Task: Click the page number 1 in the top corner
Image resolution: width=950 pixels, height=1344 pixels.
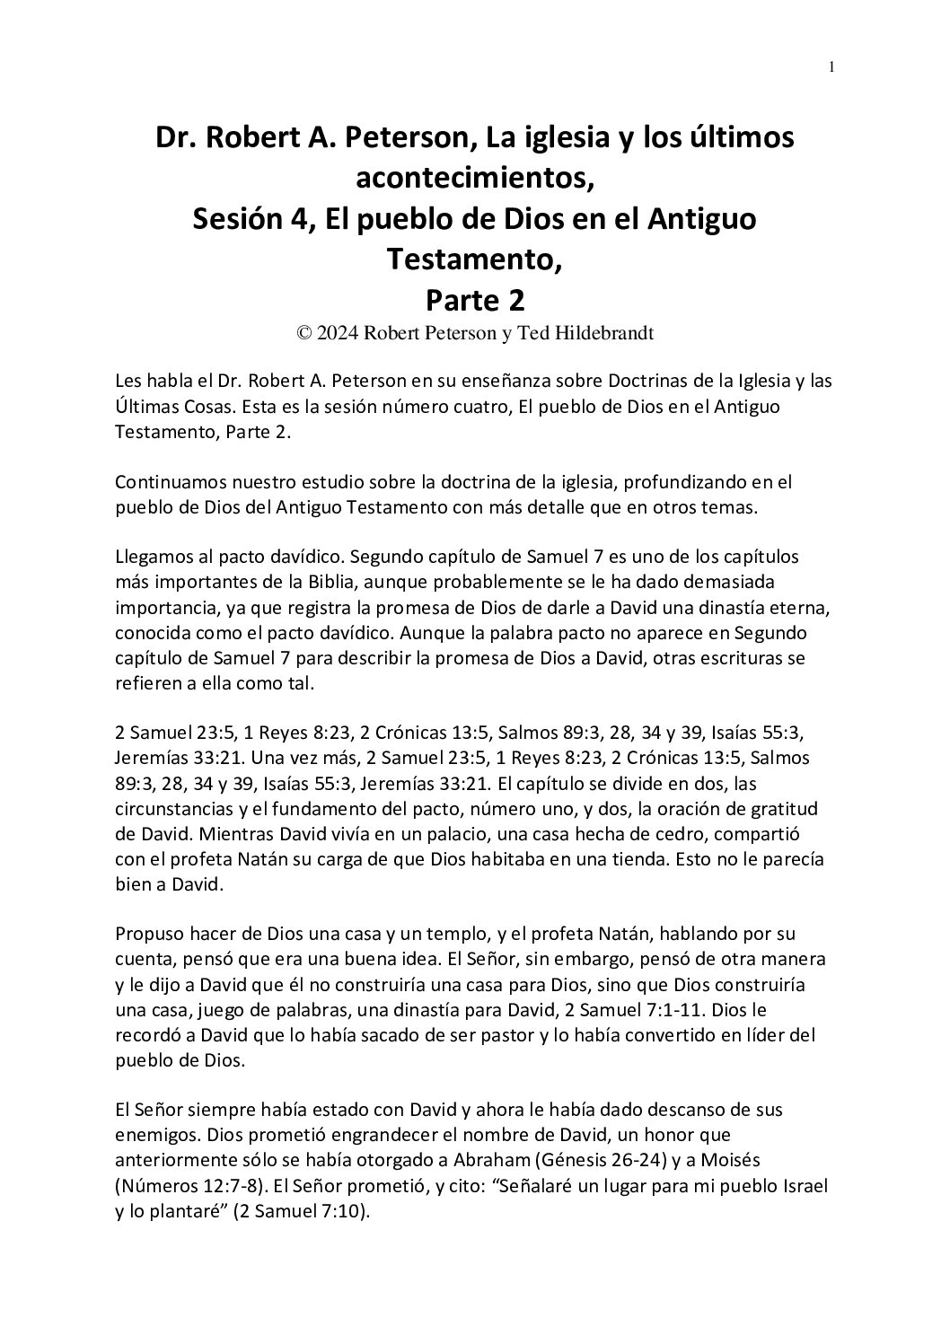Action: pos(831,67)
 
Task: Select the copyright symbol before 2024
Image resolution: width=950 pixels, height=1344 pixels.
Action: pos(304,334)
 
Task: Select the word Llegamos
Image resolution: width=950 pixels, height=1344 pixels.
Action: pos(151,557)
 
